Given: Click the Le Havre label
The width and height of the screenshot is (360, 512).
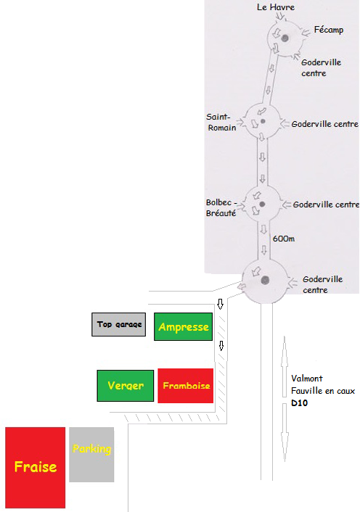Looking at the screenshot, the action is (276, 7).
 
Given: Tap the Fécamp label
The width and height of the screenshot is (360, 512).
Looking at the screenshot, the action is (329, 30).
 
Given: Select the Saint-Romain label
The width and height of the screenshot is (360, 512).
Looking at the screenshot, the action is (221, 122).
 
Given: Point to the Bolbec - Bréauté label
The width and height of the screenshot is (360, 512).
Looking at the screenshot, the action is (221, 207).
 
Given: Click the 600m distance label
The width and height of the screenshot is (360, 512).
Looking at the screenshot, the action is (284, 239).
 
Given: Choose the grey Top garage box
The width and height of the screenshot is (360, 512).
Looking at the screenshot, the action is (118, 324).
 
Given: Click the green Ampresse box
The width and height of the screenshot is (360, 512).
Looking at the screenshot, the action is (184, 326).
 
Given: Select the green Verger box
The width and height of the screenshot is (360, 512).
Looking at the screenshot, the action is (126, 386).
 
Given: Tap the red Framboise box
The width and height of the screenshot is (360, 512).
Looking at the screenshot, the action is (186, 386).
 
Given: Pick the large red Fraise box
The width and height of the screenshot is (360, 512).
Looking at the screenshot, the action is (36, 467).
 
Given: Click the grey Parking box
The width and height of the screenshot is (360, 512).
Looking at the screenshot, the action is (91, 454).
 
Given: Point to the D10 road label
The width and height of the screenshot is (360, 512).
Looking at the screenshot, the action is (299, 403).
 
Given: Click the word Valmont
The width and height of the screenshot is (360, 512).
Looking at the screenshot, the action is (307, 379).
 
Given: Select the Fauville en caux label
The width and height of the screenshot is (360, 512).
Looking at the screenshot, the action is (323, 391).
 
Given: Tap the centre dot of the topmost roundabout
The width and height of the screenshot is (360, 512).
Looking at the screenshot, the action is (285, 38).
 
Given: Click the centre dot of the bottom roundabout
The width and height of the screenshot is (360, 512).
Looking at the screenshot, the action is (265, 280).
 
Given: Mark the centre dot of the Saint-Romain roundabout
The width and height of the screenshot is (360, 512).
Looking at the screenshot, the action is (263, 121).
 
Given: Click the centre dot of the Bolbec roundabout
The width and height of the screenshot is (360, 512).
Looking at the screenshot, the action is (262, 205).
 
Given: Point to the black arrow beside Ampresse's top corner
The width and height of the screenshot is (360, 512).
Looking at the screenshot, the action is (220, 304).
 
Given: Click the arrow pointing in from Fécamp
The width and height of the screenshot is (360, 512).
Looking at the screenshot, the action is (306, 32).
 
